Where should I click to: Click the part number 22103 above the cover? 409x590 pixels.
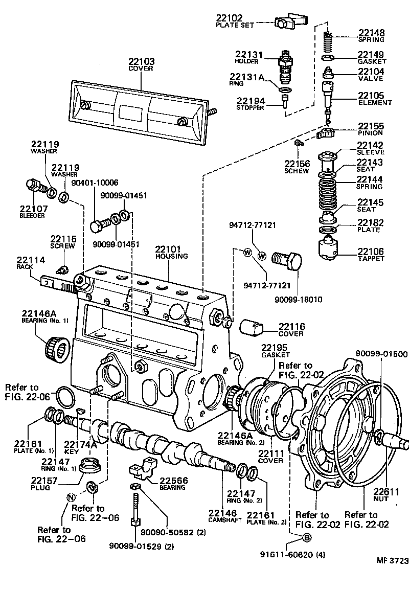point(142,61)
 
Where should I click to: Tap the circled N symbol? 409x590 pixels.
point(72,496)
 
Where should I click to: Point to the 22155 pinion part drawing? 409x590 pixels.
point(325,134)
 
